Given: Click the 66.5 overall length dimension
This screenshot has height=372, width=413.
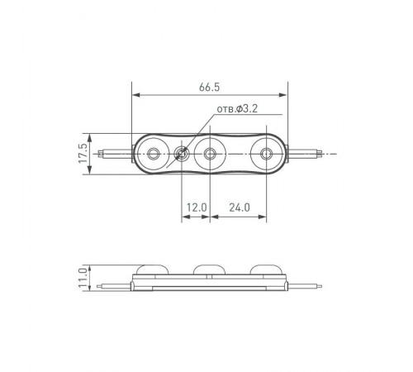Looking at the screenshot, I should click(209, 84).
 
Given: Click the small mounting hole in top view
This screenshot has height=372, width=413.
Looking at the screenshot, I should click(183, 153).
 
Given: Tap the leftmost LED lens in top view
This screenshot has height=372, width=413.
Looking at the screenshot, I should click(154, 153).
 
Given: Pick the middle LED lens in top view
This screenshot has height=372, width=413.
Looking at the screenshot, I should click(211, 153).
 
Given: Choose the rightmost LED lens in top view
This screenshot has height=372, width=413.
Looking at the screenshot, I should click(266, 153).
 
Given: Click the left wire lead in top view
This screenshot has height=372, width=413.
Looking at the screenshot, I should click(113, 153).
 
